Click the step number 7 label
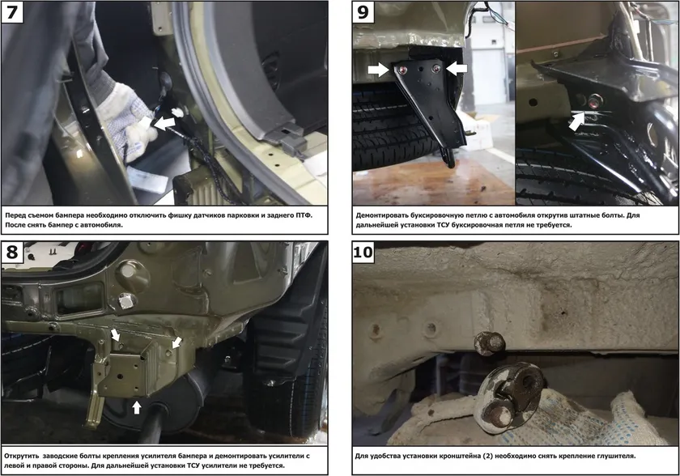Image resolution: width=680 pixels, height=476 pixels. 12,11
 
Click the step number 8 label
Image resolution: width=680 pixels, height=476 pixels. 12,252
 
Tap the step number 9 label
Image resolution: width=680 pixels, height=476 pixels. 363,11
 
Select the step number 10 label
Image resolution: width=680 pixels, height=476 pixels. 363,252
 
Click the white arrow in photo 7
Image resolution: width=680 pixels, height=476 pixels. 165,123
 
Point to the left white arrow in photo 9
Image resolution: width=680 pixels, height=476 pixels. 379,70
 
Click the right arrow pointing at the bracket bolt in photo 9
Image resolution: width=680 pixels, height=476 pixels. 457,68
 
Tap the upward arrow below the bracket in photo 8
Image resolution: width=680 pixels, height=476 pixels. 137,407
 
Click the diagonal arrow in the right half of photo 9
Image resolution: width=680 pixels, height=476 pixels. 576,121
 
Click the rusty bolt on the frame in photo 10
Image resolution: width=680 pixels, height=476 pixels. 489,343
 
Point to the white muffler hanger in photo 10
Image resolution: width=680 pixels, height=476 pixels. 508,397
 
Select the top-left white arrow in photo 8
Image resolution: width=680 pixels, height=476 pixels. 116,334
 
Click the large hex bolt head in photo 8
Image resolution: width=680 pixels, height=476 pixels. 127,300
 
